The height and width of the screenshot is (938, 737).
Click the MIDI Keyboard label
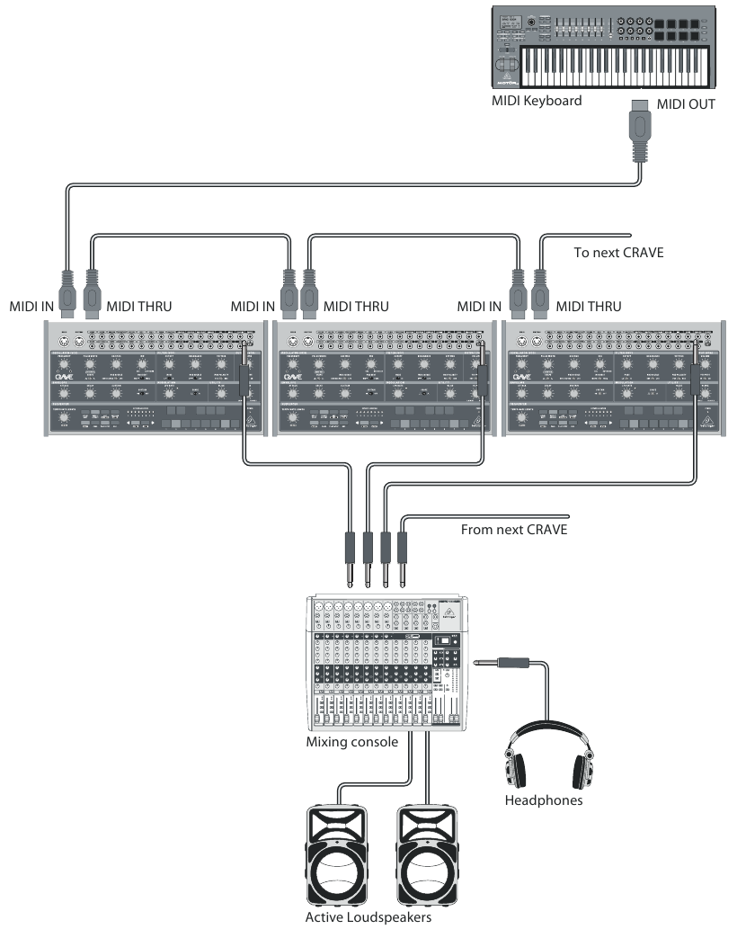coord(537,100)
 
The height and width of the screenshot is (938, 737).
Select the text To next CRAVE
coord(619,253)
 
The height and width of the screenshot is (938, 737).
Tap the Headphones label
coord(543,800)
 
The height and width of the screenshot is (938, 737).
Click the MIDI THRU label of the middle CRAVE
coord(357,307)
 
